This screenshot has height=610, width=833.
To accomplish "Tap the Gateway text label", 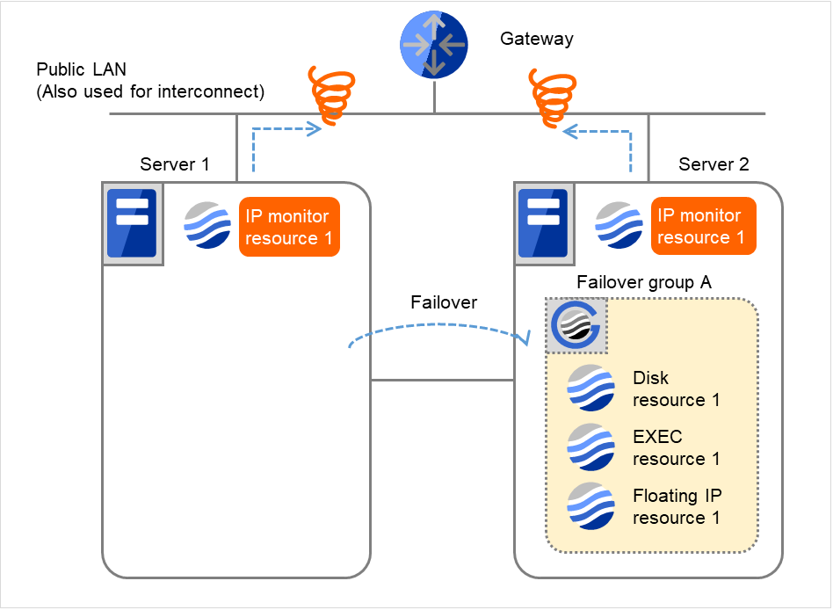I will (536, 39).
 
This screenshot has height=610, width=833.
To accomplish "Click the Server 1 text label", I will (175, 164).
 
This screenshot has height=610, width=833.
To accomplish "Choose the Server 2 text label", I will (713, 164).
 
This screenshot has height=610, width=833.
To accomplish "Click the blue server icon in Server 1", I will (132, 223).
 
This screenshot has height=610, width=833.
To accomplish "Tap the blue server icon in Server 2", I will (542, 223).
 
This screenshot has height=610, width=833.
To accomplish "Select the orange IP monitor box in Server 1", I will (289, 227).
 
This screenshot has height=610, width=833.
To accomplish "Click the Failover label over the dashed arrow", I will (444, 302).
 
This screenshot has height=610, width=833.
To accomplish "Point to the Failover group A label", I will (642, 282).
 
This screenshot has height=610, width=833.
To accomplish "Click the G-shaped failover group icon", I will (575, 325).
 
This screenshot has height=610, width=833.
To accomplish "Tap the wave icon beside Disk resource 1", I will (590, 388).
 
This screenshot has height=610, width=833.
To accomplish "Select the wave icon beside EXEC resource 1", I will (590, 447).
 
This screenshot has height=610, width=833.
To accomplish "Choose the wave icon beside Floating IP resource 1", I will (590, 505).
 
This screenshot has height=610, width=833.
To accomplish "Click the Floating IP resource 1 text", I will (677, 506).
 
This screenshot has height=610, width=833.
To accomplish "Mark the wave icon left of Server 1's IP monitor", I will (207, 226).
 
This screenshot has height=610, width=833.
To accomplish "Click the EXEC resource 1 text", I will (676, 447).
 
